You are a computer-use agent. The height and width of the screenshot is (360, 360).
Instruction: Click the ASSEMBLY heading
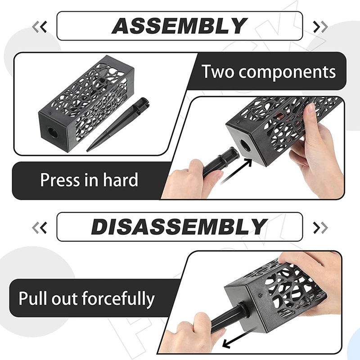point(180,26)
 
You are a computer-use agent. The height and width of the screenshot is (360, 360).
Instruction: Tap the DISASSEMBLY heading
point(179,227)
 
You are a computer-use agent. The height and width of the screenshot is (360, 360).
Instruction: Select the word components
point(287,72)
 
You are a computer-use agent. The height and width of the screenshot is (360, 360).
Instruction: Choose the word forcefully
point(118,298)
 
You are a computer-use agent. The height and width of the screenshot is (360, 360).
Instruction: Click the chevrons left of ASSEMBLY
point(40,27)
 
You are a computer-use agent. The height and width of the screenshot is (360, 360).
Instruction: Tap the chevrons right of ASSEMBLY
point(320,27)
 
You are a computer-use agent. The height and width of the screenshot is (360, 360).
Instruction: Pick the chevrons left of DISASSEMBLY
point(40,228)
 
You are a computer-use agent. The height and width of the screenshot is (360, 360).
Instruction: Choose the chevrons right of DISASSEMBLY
point(320,228)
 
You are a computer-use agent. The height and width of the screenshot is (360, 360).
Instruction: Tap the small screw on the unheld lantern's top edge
point(50,113)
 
